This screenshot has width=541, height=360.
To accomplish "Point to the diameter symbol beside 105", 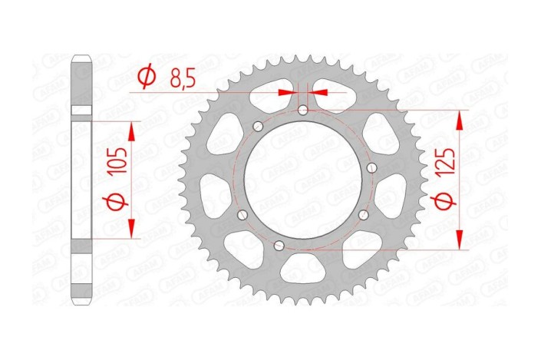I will tap(117, 202).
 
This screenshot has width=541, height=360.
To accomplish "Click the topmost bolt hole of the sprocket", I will tap(303, 111).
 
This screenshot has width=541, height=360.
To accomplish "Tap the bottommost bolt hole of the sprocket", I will tap(279, 246).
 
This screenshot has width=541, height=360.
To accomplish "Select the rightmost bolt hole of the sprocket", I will tap(371, 168).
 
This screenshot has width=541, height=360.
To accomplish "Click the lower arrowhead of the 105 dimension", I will tap(132, 228).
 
